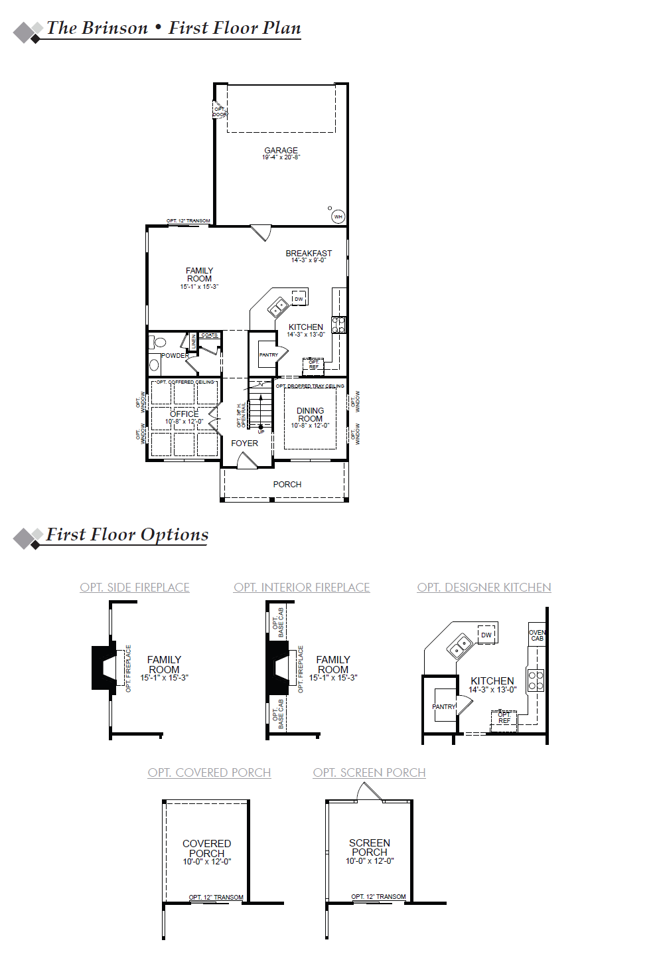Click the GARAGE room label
click(281, 151)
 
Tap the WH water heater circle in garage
click(338, 216)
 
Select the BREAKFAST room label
click(309, 253)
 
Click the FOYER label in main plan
click(244, 443)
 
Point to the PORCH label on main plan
click(287, 484)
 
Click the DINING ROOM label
click(310, 415)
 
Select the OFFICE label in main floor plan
click(184, 414)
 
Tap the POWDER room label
click(175, 355)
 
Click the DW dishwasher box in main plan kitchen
click(299, 298)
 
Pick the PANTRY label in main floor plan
click(268, 355)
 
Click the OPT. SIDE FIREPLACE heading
click(135, 588)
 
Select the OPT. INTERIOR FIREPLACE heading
click(302, 588)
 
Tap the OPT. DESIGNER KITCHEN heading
click(484, 588)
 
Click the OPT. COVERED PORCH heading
click(209, 773)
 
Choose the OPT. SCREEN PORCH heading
click(369, 773)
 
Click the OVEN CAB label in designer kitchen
click(537, 635)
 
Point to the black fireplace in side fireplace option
click(104, 667)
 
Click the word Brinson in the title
click(115, 28)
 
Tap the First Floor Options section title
click(127, 534)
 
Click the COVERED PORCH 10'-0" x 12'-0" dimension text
click(207, 862)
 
